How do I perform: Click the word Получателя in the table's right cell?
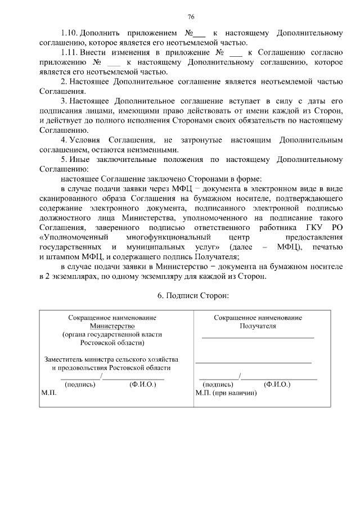(x=258, y=326)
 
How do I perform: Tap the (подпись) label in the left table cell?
(x=80, y=385)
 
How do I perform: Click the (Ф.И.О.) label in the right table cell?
(x=277, y=385)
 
